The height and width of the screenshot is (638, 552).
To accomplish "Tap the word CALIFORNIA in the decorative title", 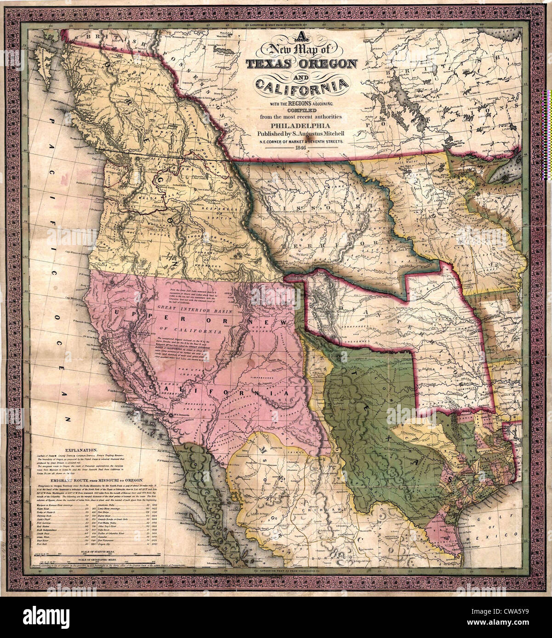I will click(301, 85).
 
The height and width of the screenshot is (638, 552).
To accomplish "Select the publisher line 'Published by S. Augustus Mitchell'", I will click(301, 134).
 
